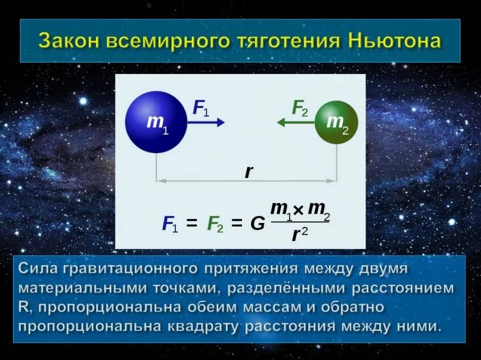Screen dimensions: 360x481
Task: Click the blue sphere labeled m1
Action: (156, 122)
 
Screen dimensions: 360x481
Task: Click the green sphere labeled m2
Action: (336, 122)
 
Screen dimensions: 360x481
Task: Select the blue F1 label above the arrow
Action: (200, 107)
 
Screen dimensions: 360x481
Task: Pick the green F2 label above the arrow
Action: (299, 107)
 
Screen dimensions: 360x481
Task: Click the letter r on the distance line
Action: (248, 171)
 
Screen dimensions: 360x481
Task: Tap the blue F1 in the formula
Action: (170, 224)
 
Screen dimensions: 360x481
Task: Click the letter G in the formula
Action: (258, 224)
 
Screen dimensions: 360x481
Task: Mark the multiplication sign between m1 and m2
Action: (298, 211)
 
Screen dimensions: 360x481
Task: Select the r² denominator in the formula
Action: (299, 234)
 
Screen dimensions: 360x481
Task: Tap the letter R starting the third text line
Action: (23, 307)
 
